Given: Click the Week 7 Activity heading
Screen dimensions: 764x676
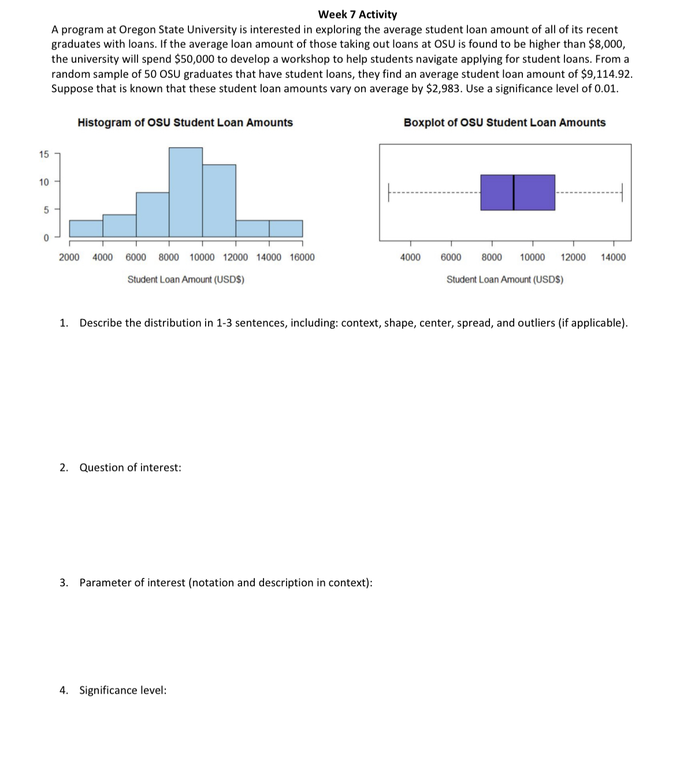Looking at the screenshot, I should [357, 14].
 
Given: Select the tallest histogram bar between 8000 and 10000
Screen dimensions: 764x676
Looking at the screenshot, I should [185, 192].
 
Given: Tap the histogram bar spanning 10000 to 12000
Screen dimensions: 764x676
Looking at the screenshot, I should [219, 200].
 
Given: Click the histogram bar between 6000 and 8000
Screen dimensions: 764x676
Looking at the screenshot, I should [153, 214].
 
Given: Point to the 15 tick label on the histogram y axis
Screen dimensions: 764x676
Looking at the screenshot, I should [44, 154].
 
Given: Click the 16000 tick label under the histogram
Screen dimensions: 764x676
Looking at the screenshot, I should [302, 257].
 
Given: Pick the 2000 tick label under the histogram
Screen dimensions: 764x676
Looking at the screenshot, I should [69, 257].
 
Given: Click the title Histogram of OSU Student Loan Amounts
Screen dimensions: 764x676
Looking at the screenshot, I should [185, 122].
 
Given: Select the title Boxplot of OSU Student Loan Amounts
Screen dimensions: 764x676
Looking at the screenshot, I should [504, 122].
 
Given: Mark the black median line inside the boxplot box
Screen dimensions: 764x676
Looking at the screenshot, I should [514, 192].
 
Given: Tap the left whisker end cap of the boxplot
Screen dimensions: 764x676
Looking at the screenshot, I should [389, 192].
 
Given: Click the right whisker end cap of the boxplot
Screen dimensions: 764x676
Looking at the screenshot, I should [622, 192].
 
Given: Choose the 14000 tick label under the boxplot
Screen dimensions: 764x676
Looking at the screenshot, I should [613, 257].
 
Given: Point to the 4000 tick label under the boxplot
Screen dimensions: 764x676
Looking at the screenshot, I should [410, 257].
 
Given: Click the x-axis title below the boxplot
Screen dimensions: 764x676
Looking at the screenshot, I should [504, 280].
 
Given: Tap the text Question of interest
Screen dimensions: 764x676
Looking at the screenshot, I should [130, 467].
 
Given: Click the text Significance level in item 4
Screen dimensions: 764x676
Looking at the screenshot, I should [122, 690].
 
